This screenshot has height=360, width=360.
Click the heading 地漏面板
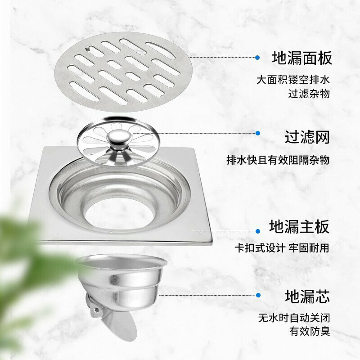point(302,58)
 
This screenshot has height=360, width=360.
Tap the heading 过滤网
point(307,137)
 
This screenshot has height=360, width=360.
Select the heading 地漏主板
point(299,226)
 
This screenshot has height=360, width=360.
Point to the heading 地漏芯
point(307,296)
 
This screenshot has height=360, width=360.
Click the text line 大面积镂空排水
point(293,80)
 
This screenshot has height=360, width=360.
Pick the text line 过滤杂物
point(309,94)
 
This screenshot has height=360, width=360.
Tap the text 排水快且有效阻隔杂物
point(278,160)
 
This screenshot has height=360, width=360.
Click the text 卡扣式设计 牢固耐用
point(282,248)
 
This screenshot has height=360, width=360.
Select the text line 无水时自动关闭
point(294,318)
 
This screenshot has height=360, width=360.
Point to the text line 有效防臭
point(310,331)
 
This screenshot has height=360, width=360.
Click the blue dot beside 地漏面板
point(257,58)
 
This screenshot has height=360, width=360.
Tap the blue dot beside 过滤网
point(258,133)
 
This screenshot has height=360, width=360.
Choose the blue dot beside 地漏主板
point(258,231)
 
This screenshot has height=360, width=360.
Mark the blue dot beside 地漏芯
point(258,295)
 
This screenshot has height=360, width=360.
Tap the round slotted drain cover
point(123,72)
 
